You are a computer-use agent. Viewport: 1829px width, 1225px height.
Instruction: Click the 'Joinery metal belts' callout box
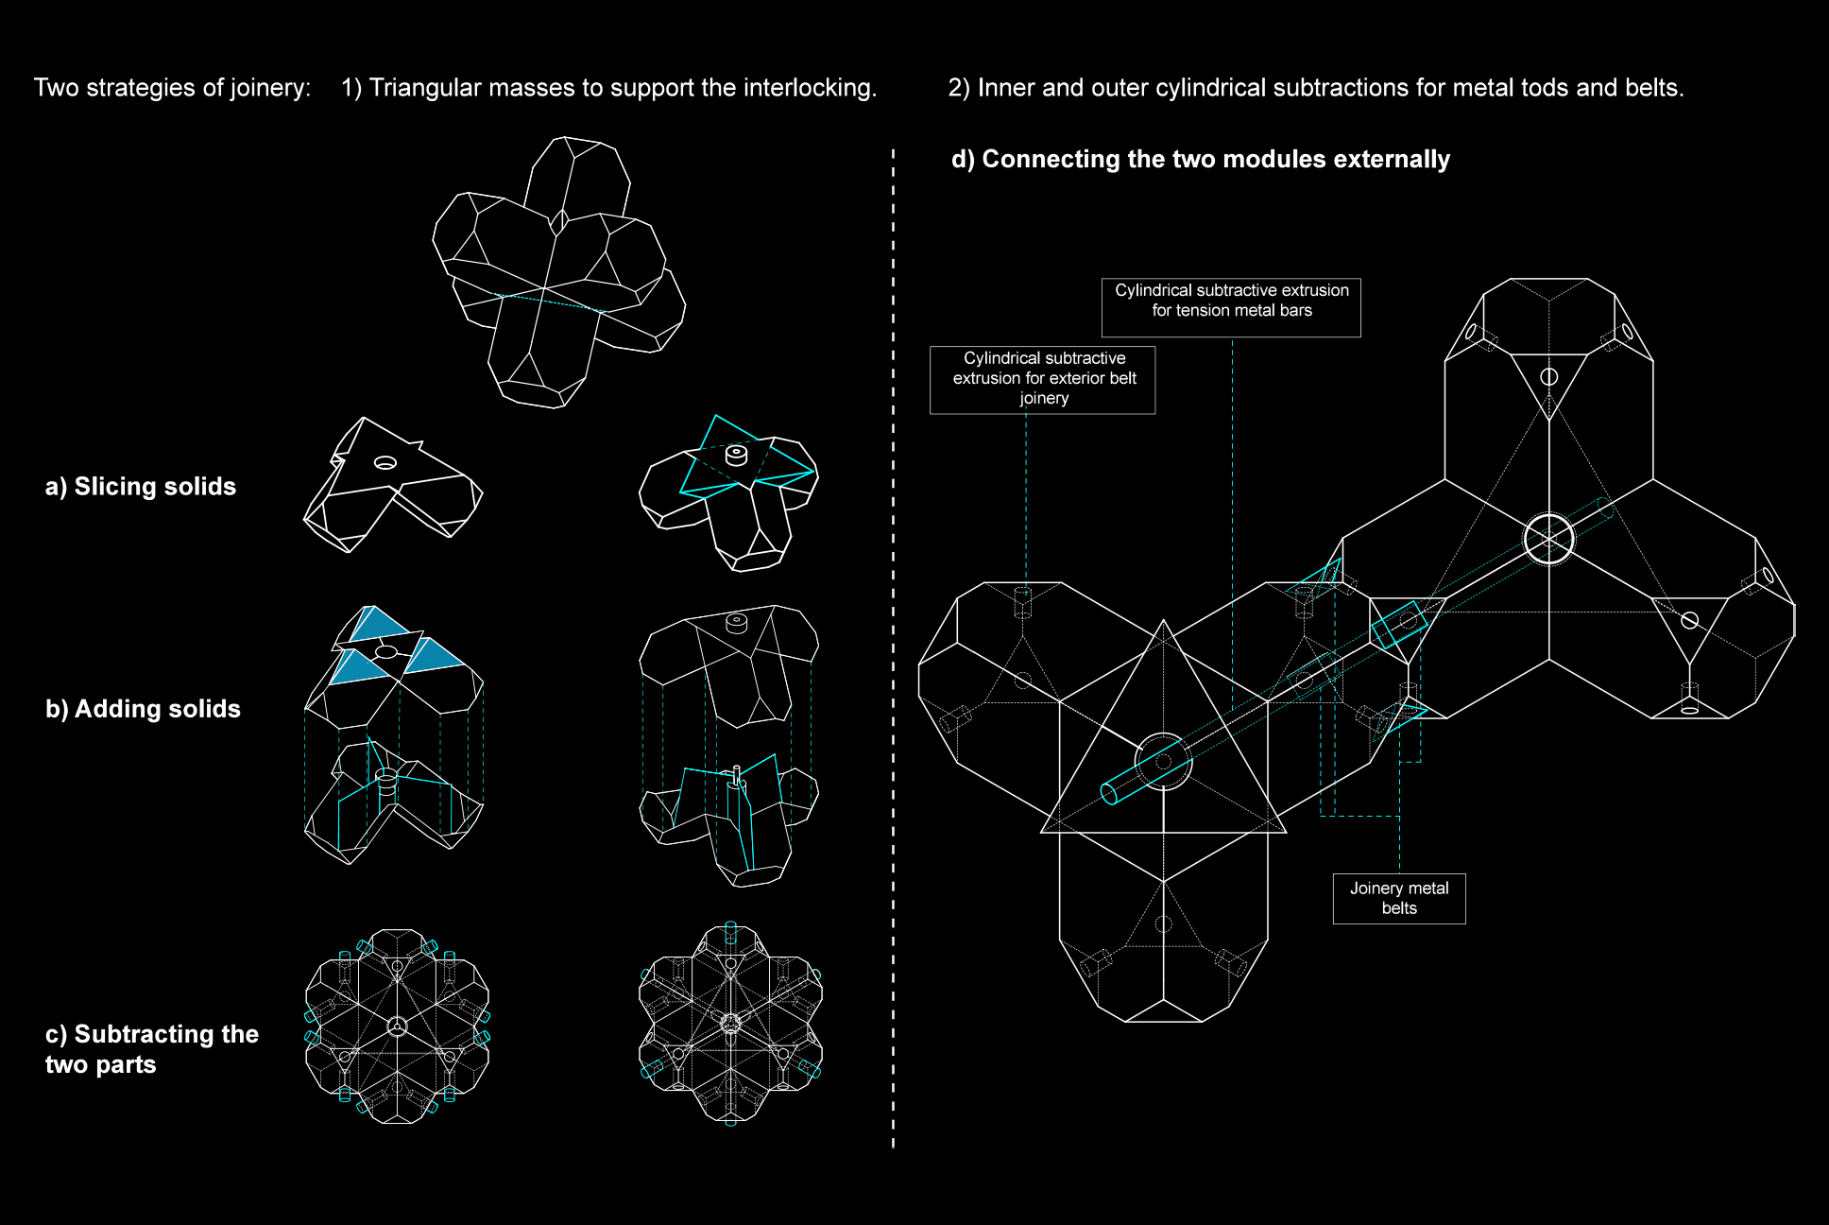tap(1399, 898)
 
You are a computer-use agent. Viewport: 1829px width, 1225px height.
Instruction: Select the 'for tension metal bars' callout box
tap(1231, 307)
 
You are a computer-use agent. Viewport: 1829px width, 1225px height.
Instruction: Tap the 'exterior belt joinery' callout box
tap(1042, 379)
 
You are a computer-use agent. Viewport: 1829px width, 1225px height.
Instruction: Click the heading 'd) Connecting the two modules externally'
tap(1200, 159)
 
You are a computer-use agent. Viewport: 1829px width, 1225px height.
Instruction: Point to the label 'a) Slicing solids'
tap(141, 487)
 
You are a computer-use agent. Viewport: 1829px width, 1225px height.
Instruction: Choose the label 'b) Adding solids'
tap(143, 709)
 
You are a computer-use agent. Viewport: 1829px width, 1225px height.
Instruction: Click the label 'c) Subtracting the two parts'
tap(152, 1049)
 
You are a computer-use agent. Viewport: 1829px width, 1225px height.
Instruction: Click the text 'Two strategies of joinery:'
tap(173, 88)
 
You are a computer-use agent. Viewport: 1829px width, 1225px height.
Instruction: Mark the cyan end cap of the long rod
tap(1109, 793)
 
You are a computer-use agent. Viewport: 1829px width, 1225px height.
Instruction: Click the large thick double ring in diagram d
tap(1548, 539)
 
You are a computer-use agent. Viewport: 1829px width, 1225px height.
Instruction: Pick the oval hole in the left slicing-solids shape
tap(385, 462)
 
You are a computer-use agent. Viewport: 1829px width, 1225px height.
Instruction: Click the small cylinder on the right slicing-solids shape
tap(736, 455)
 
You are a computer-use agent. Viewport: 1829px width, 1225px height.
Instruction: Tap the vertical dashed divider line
tap(893, 647)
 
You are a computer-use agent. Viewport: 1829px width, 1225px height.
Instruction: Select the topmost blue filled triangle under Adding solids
tap(376, 624)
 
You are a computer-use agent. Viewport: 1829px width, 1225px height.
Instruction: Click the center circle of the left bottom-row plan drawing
tap(398, 1026)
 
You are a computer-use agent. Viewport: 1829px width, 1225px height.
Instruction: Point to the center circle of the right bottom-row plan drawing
tap(730, 1024)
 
